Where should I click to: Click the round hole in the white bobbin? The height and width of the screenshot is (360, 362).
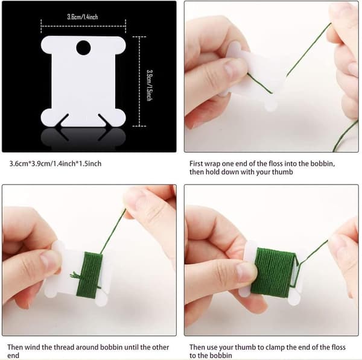[x=83, y=48]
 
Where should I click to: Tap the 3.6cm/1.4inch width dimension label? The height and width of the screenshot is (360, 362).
[x=83, y=17]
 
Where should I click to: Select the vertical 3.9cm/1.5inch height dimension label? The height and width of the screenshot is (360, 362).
[x=150, y=85]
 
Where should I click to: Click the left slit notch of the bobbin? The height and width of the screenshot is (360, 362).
[x=63, y=120]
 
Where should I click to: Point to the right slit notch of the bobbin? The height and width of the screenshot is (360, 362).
[x=104, y=120]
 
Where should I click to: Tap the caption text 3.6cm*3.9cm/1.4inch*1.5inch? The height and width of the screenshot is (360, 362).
[x=56, y=163]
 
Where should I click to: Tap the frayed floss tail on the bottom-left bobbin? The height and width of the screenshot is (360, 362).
[x=75, y=275]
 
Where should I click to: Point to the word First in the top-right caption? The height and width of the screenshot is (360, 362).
[x=196, y=163]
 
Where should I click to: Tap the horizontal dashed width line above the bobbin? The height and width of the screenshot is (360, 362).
[x=83, y=26]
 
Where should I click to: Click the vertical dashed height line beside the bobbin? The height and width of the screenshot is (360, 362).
[x=139, y=81]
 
